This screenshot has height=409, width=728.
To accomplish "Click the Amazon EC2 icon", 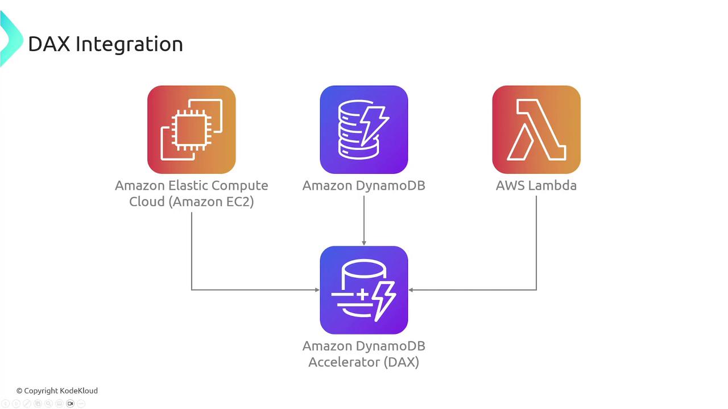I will click(191, 130).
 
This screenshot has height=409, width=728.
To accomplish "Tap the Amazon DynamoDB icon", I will click(364, 130).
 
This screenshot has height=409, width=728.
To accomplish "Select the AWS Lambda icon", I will click(536, 130).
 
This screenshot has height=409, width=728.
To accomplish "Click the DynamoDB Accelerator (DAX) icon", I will click(364, 290).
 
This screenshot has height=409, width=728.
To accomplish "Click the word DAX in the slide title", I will click(49, 44).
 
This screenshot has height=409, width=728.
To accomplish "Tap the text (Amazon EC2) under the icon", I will click(211, 201).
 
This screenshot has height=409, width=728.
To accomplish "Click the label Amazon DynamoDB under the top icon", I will click(364, 185).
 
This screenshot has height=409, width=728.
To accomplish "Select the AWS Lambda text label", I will click(536, 185).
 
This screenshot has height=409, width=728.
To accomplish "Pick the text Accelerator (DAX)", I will click(364, 362).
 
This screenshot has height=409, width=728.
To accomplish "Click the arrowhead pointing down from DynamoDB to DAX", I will click(364, 243).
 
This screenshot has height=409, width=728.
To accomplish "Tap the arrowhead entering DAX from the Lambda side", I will click(411, 290).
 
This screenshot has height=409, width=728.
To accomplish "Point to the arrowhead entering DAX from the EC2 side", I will click(317, 290).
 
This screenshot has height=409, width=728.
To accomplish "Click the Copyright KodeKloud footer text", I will click(57, 390).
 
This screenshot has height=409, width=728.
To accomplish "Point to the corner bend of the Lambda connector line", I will click(536, 290).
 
